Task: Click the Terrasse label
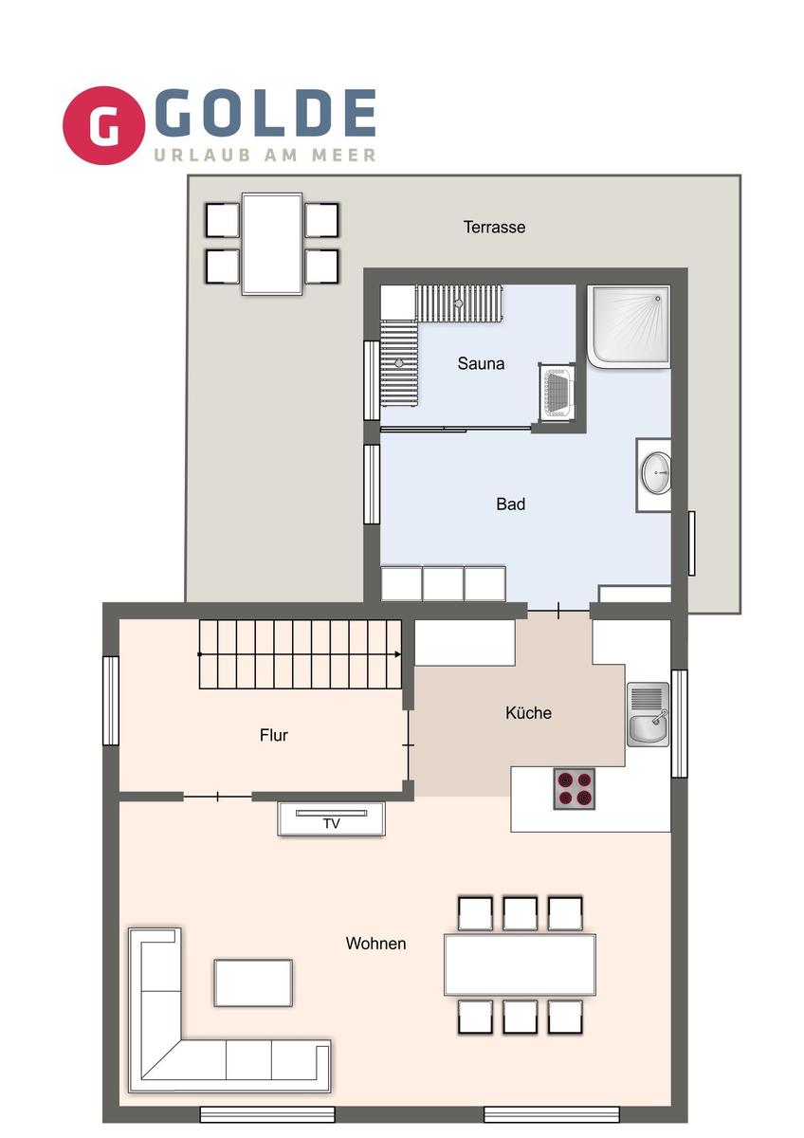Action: pos(494,228)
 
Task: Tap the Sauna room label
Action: pos(481,363)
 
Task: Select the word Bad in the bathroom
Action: pos(510,505)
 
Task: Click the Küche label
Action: pos(528,713)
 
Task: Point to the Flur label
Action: pos(274,735)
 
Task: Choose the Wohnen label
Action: pos(375,944)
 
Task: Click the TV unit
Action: pos(331,819)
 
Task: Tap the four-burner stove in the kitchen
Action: pos(575,788)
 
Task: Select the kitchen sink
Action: pos(648,714)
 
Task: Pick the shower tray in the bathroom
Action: pos(628,326)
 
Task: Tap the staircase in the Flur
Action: pos(300,654)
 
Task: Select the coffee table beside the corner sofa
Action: pos(253,982)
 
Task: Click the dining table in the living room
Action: pos(520,964)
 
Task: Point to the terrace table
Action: pos(272,244)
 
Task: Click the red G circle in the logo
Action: pos(103,126)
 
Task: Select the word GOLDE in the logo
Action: pos(265,114)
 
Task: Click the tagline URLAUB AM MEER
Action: pos(265,155)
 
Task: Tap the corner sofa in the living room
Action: pos(190,1043)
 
